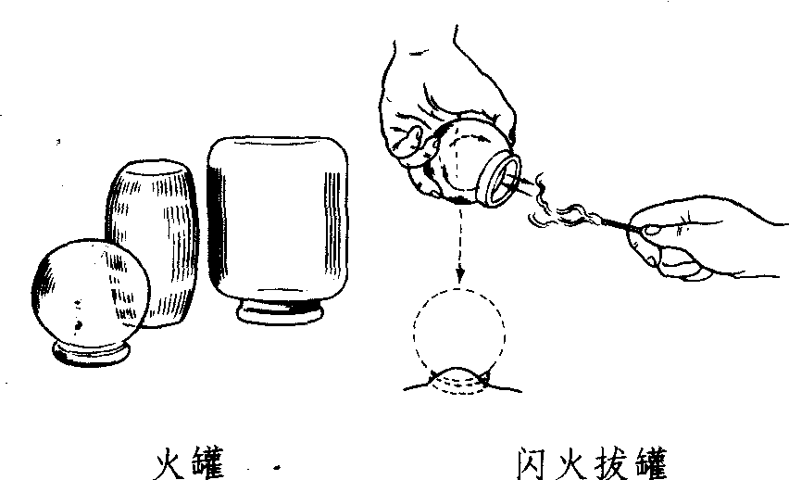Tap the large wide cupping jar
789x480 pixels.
(x=278, y=221)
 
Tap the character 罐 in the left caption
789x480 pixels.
(x=207, y=463)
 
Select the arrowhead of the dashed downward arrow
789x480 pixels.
(x=460, y=274)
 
